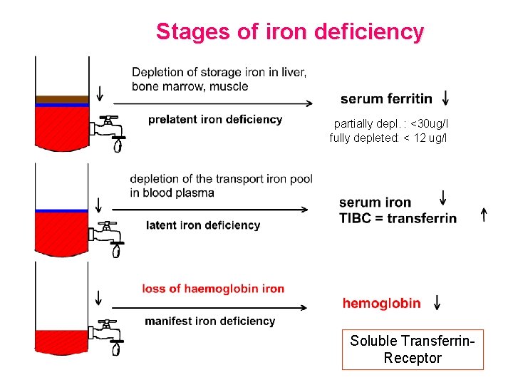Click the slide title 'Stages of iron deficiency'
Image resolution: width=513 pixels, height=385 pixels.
[x=289, y=32]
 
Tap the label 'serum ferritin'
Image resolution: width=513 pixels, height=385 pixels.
[x=386, y=99]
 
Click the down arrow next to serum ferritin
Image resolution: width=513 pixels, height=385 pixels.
[x=445, y=98]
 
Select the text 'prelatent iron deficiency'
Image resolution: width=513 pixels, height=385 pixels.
[x=215, y=120]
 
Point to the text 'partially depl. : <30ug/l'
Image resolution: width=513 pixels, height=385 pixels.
[x=391, y=123]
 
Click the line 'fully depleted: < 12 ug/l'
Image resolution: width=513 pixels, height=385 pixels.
[x=388, y=138]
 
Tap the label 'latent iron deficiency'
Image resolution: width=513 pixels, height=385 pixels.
[x=203, y=225]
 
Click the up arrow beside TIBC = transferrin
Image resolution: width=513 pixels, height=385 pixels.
[x=484, y=214]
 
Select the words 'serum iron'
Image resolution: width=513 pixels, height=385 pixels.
[x=375, y=203]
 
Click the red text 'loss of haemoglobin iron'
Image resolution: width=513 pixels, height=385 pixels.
[x=213, y=289]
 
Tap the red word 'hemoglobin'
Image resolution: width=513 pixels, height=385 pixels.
[x=382, y=304]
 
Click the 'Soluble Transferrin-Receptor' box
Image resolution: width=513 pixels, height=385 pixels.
[x=413, y=349]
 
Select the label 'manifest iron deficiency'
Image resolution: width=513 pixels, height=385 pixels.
[x=210, y=322]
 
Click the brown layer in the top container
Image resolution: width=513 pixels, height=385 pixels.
[x=62, y=99]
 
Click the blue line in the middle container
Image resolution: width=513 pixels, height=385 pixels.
[x=62, y=211]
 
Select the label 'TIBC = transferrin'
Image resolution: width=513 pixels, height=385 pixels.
[x=398, y=218]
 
